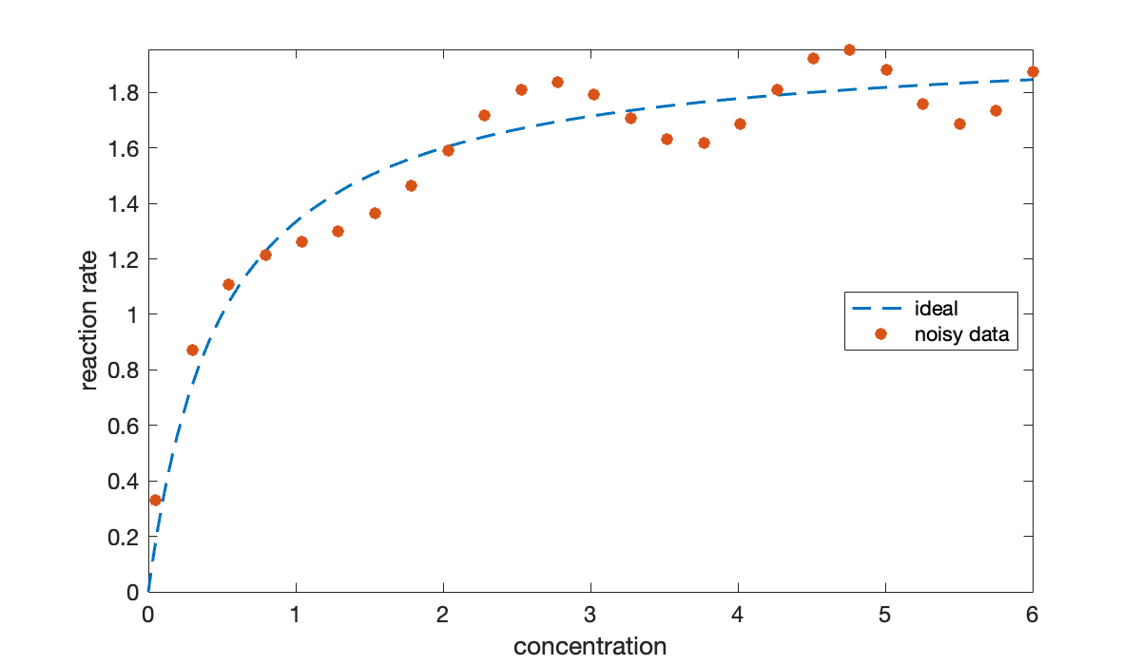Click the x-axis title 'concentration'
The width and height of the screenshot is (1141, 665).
click(x=590, y=647)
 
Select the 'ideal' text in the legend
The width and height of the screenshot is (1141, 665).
click(x=936, y=308)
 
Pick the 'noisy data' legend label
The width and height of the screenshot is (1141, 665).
click(x=959, y=334)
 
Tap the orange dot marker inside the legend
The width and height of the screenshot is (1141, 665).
click(x=880, y=334)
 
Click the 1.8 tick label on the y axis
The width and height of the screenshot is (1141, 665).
click(x=122, y=93)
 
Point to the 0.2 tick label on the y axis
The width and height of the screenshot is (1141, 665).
click(x=122, y=537)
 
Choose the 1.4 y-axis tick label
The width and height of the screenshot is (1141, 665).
click(x=122, y=204)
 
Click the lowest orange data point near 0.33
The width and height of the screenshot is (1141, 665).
click(x=155, y=500)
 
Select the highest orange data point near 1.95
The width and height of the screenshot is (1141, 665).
click(x=849, y=49)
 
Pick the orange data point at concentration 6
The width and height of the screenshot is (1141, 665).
click(x=1033, y=71)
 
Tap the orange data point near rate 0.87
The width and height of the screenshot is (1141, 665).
click(x=192, y=350)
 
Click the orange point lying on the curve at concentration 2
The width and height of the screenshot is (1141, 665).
click(x=448, y=150)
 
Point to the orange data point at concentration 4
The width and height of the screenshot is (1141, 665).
click(x=740, y=123)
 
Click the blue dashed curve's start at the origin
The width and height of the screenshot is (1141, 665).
click(x=149, y=591)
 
